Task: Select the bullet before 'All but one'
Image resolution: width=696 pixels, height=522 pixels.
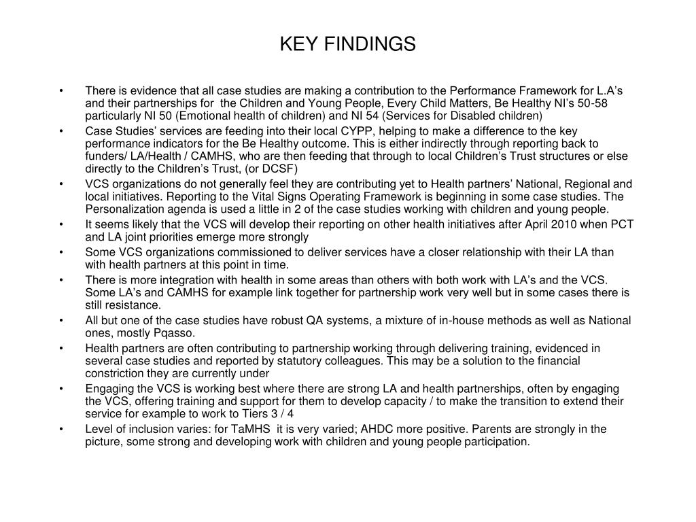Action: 62,321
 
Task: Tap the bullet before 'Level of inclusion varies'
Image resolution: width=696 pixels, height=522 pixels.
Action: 62,429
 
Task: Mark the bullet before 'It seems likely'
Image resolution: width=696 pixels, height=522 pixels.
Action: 62,224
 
